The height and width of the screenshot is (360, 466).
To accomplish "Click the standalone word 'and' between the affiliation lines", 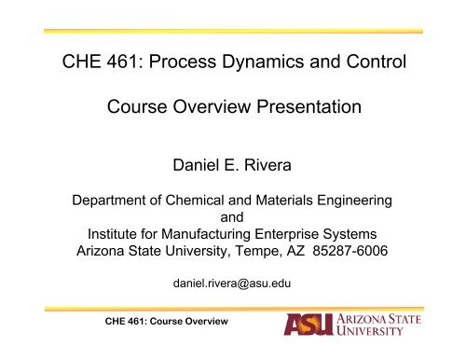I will (x=233, y=215).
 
